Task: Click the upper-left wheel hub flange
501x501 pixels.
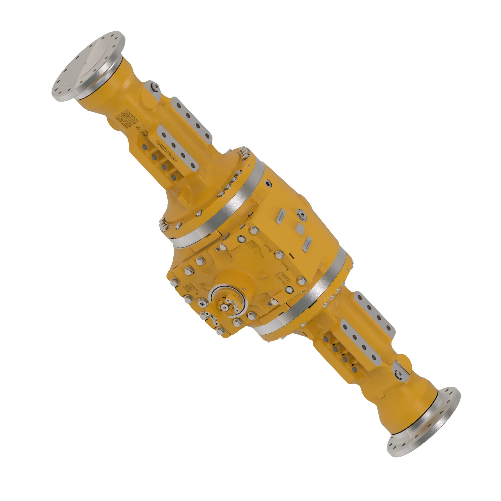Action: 88,66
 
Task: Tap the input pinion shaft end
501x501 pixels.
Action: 223,307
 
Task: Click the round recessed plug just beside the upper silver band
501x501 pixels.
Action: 268,184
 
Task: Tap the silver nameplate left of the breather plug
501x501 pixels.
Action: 280,216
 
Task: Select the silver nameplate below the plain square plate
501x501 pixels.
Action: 307,244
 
